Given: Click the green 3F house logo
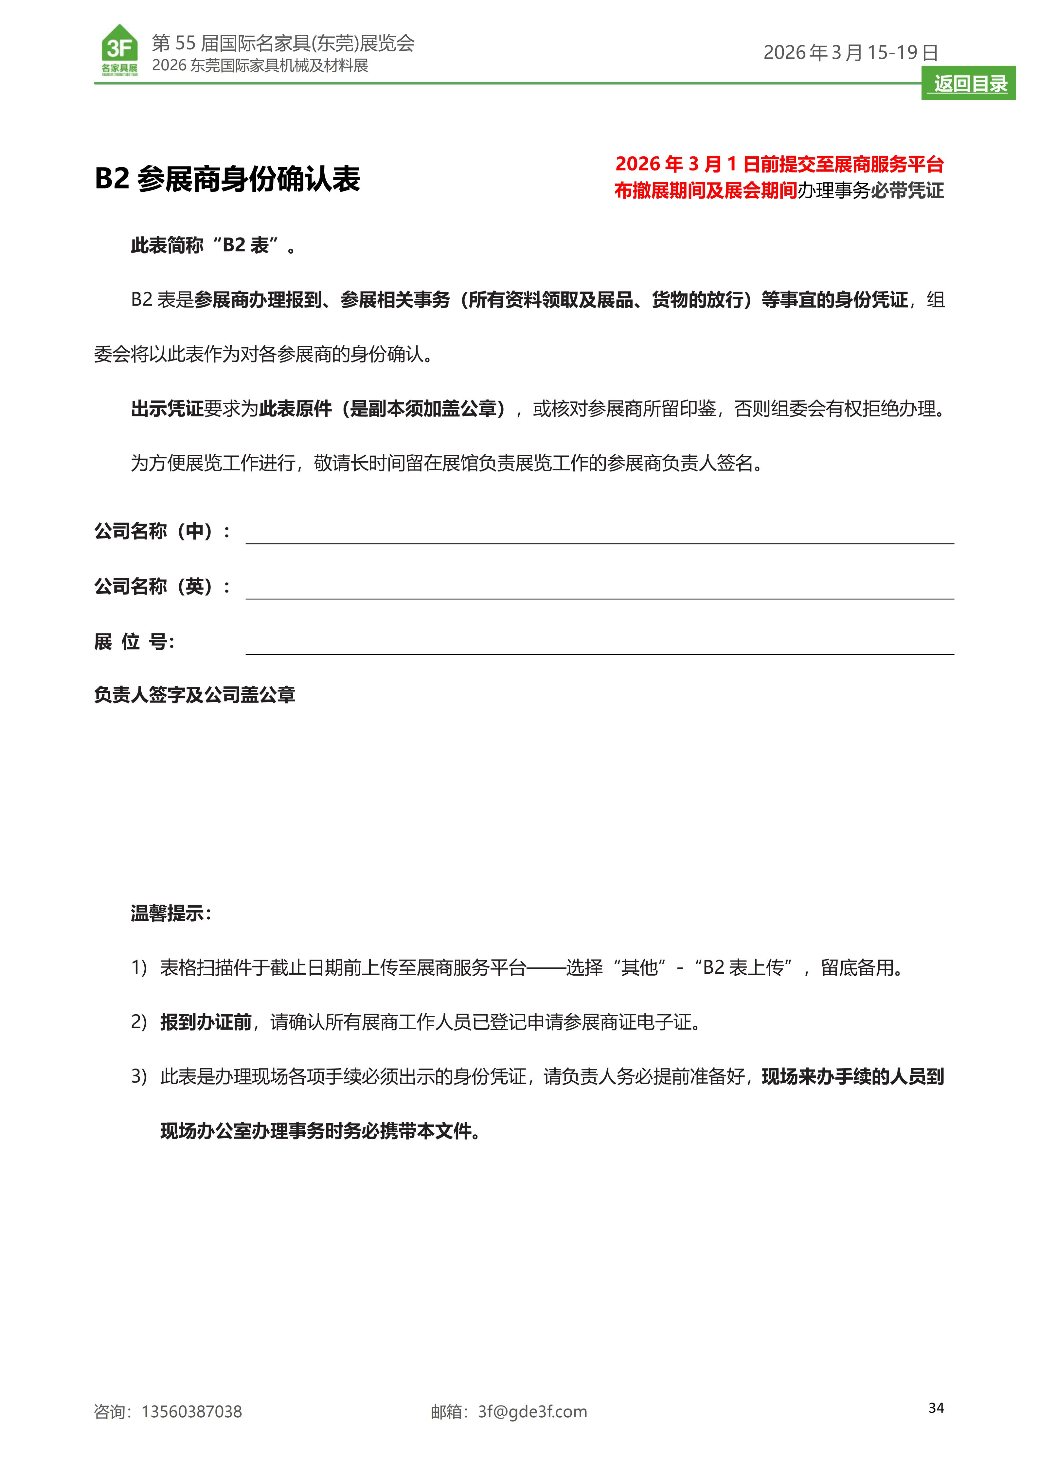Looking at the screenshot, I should [x=120, y=50].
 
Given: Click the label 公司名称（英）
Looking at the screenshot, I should [x=162, y=586].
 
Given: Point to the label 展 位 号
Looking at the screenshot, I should [x=134, y=641].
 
